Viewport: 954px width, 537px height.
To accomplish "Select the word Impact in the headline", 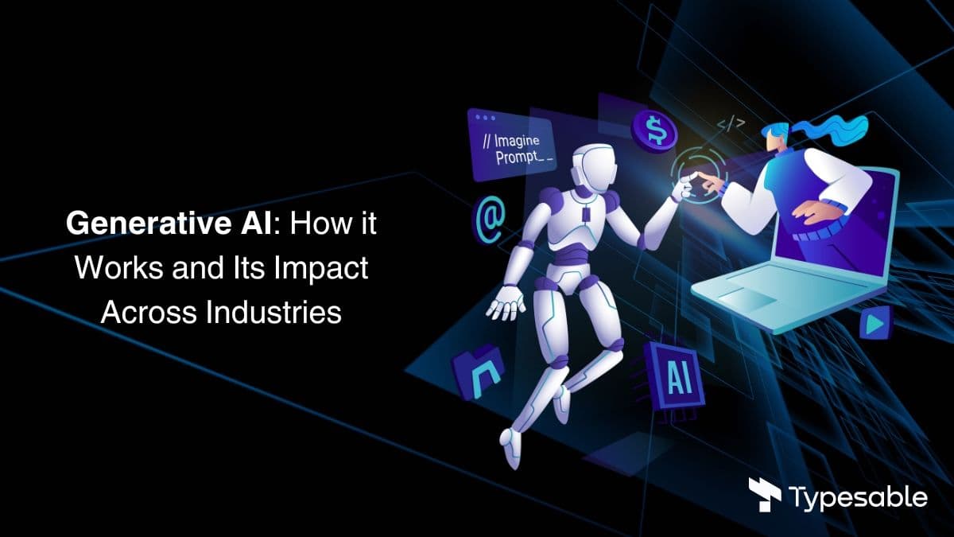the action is click(x=320, y=269).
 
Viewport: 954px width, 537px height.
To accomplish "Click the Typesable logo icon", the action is click(x=765, y=495).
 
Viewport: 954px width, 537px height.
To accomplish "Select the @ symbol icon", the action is click(x=490, y=220).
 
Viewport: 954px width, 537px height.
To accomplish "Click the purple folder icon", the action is click(x=478, y=372).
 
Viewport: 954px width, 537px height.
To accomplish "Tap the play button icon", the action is click(x=875, y=324).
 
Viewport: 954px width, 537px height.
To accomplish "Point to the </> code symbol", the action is click(x=731, y=124).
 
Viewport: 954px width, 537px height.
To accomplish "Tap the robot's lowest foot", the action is click(x=511, y=447).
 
